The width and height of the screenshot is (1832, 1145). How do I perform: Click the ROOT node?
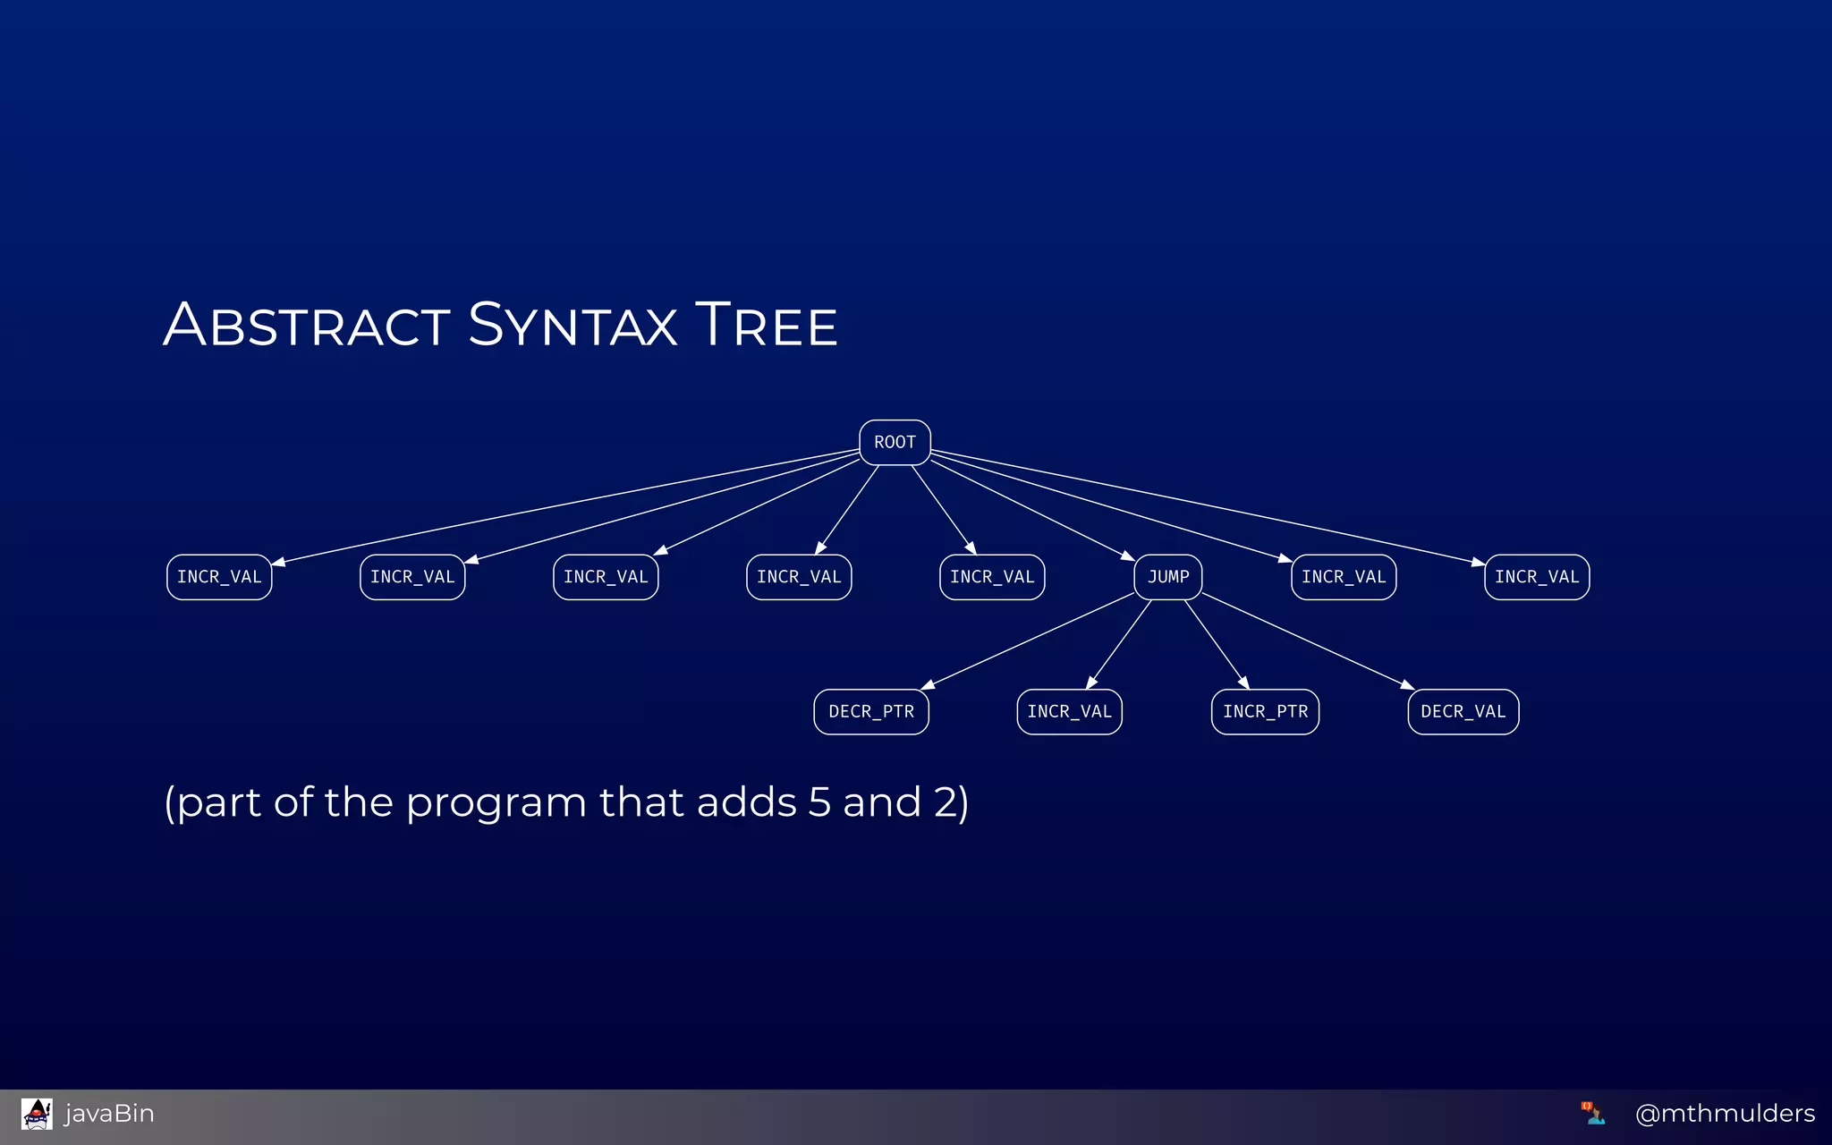tap(895, 443)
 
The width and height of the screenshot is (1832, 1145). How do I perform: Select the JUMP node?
tap(1168, 577)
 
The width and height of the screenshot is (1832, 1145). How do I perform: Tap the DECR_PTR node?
tap(871, 712)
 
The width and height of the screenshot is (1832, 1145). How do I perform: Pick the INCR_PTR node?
tap(1265, 712)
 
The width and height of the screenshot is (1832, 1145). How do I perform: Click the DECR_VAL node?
tap(1463, 712)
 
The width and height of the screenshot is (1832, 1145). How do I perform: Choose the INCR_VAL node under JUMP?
tap(1069, 712)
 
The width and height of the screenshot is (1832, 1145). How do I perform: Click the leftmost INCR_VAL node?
tap(219, 577)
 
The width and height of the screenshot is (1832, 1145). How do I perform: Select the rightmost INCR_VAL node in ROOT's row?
tap(1537, 577)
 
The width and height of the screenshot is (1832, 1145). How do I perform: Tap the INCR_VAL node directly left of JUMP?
tap(992, 577)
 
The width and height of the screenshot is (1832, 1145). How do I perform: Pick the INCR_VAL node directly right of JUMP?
tap(1344, 577)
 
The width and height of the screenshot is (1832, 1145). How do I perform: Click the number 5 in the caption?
tap(819, 802)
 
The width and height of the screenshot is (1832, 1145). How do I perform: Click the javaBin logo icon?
tap(37, 1114)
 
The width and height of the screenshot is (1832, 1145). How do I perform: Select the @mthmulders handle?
tap(1725, 1114)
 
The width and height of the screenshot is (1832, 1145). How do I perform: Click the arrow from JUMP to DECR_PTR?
tap(1029, 640)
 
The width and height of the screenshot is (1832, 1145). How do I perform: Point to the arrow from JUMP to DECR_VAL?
tap(1306, 640)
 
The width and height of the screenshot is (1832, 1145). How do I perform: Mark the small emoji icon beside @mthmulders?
tap(1592, 1113)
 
